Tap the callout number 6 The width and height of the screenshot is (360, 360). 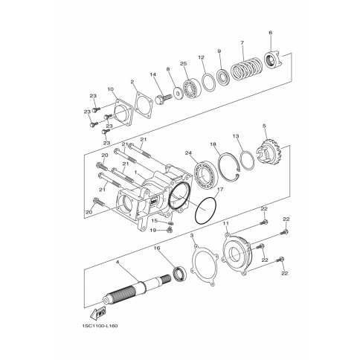coord(270,33)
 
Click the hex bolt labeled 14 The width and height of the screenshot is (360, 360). coord(164,99)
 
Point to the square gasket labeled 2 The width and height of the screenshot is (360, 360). coord(143,105)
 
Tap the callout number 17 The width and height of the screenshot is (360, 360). coord(220,190)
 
